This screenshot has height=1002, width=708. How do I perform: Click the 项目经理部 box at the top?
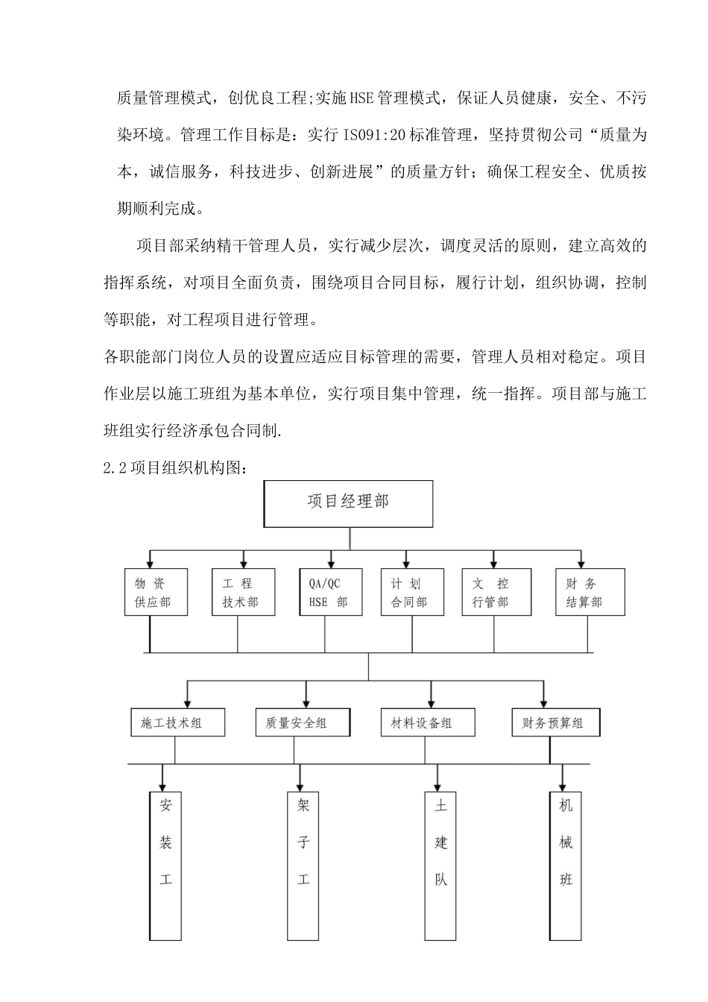pyautogui.click(x=348, y=504)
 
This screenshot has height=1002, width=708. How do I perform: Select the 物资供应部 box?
pyautogui.click(x=156, y=592)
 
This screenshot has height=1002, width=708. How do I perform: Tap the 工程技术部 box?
pyautogui.click(x=243, y=592)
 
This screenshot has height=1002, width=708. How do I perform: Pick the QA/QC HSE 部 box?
pyautogui.click(x=330, y=592)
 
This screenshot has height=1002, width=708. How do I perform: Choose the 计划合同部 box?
pyautogui.click(x=412, y=592)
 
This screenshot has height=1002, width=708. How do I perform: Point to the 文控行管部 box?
pyautogui.click(x=496, y=592)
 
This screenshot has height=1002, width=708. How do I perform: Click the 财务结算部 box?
pyautogui.click(x=590, y=592)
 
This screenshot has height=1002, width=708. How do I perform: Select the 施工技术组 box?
pyautogui.click(x=177, y=722)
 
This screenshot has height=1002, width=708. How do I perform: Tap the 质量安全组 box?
pyautogui.click(x=303, y=722)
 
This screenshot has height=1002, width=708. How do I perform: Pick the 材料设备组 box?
pyautogui.click(x=428, y=722)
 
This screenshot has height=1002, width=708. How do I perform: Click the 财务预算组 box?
pyautogui.click(x=556, y=722)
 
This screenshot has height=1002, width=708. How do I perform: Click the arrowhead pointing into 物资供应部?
pyautogui.click(x=151, y=564)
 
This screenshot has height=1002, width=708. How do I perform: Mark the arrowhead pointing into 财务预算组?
pyautogui.click(x=543, y=704)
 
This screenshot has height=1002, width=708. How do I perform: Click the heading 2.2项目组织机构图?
pyautogui.click(x=175, y=468)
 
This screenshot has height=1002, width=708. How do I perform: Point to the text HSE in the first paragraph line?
pyautogui.click(x=361, y=98)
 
